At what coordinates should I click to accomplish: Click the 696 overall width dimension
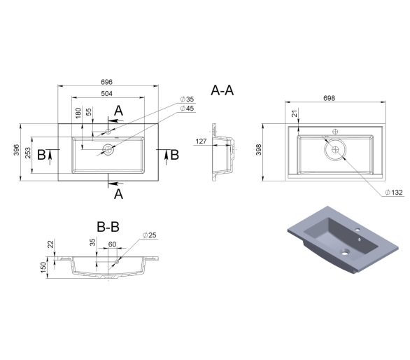[x=106, y=82]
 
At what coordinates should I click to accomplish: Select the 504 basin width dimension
[x=106, y=94]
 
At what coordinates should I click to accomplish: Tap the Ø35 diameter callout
[x=188, y=99]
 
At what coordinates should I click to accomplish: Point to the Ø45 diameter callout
[x=188, y=108]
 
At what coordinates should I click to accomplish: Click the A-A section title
[x=222, y=90]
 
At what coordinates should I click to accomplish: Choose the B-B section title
[x=108, y=227]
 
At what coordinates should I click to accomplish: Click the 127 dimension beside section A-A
[x=201, y=141]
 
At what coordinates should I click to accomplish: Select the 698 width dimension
[x=330, y=98]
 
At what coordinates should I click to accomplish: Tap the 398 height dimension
[x=259, y=150]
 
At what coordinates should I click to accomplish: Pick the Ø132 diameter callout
[x=394, y=193]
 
